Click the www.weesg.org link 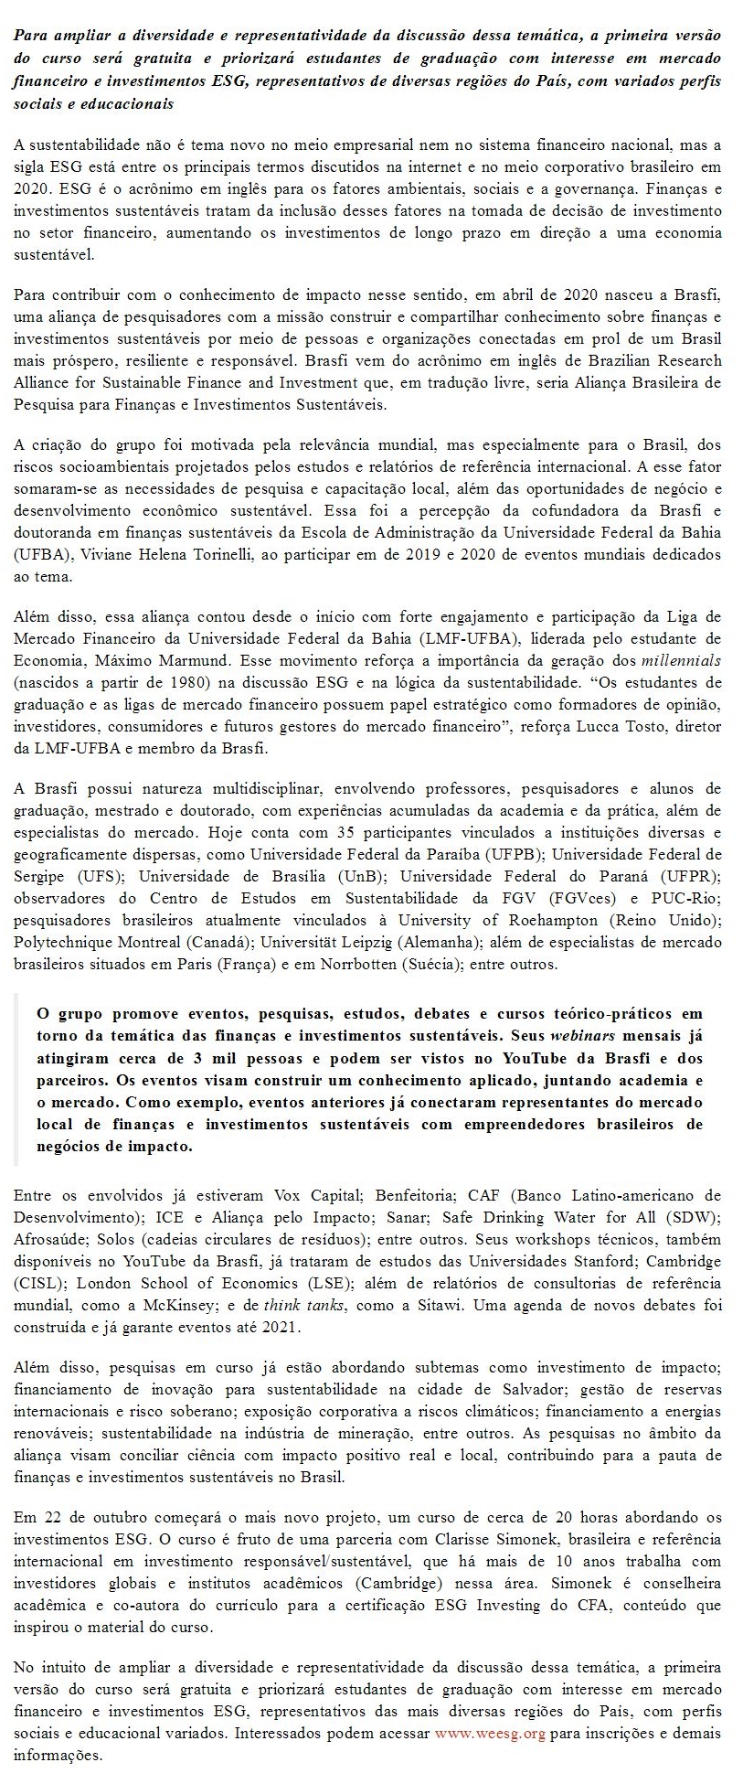point(489,1733)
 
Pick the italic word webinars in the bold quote point(581,1036)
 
